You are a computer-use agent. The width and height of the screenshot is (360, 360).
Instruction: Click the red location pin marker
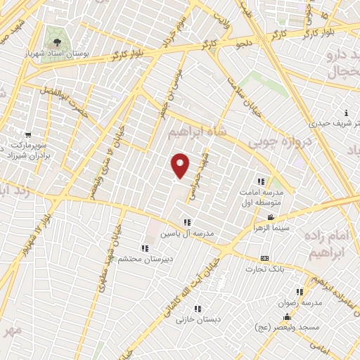[x=181, y=165]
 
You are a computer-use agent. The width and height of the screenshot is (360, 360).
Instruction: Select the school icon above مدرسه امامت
[x=262, y=181]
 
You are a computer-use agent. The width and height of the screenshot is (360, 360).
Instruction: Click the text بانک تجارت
[x=264, y=269]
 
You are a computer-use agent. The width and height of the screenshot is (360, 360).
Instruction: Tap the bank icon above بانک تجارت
[x=264, y=258]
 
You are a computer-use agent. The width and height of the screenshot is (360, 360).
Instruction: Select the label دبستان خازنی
[x=199, y=319]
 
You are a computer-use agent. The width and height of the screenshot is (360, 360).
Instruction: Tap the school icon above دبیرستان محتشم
[x=144, y=247]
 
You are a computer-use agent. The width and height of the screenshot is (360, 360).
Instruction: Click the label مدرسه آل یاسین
[x=187, y=232]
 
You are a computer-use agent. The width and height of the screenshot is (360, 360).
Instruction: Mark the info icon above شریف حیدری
[x=346, y=113]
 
